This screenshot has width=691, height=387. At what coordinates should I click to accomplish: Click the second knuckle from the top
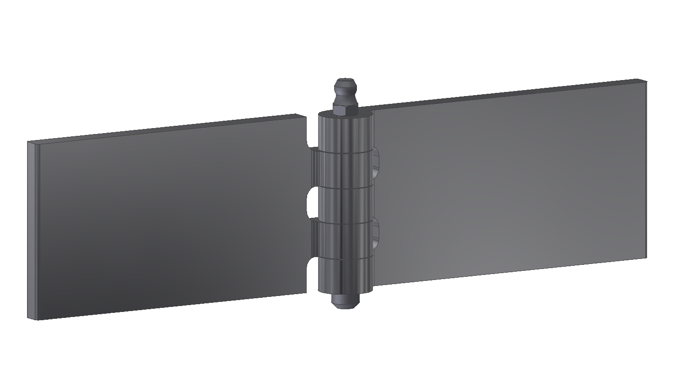coord(345,169)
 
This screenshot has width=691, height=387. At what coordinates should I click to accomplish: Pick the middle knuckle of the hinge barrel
coord(345,205)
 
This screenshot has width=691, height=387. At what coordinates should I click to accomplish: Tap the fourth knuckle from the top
coord(345,240)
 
